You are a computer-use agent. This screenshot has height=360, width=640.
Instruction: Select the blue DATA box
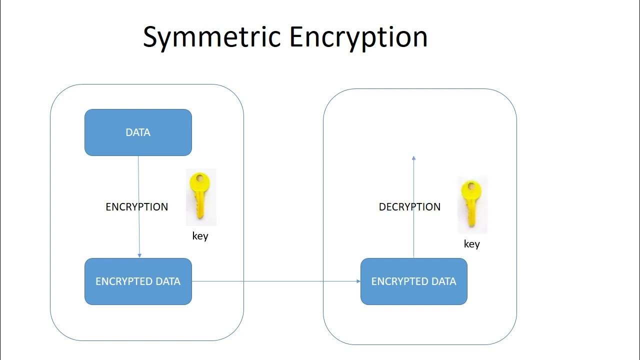coord(138,132)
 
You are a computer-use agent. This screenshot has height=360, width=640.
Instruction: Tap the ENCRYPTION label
coord(136,207)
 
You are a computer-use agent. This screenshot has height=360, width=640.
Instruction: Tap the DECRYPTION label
coord(409,207)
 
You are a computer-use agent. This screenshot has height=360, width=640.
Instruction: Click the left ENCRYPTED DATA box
coord(138,281)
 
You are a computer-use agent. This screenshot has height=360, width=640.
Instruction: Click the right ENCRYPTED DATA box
coord(413,281)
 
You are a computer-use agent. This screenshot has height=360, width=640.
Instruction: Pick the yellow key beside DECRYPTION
coord(472,205)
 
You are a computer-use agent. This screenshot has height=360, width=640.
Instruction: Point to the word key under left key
coord(200,236)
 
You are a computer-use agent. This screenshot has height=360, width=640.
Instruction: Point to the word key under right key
coord(471,244)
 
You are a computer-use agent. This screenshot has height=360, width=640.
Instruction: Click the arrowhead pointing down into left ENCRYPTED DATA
coord(139,255)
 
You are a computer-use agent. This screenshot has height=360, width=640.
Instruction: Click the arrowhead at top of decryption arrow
coord(413,158)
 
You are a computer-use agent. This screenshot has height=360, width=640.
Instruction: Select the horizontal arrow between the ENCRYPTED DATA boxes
coord(275,281)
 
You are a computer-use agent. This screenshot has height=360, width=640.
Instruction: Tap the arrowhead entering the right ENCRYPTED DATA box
coord(358,281)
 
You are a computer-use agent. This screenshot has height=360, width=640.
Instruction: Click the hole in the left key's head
coord(200,178)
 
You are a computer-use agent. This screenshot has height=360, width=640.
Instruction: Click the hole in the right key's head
coord(471,187)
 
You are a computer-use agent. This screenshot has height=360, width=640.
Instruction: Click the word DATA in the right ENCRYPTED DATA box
coord(444,281)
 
